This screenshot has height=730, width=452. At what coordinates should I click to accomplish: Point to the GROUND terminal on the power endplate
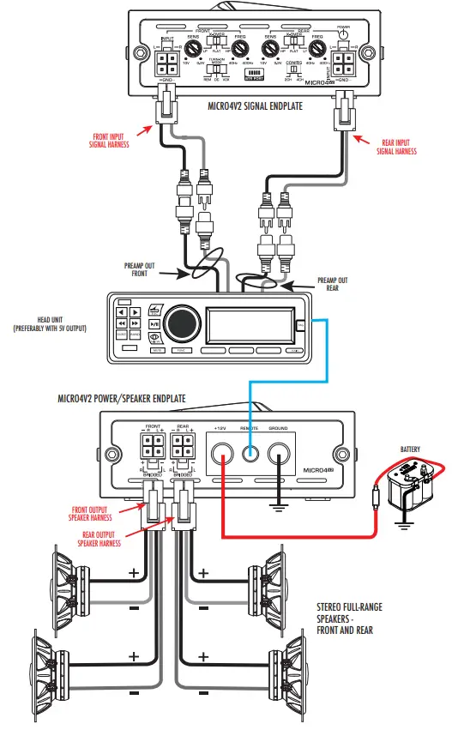click(280, 453)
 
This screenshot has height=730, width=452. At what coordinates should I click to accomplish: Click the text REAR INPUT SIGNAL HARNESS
click(397, 147)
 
